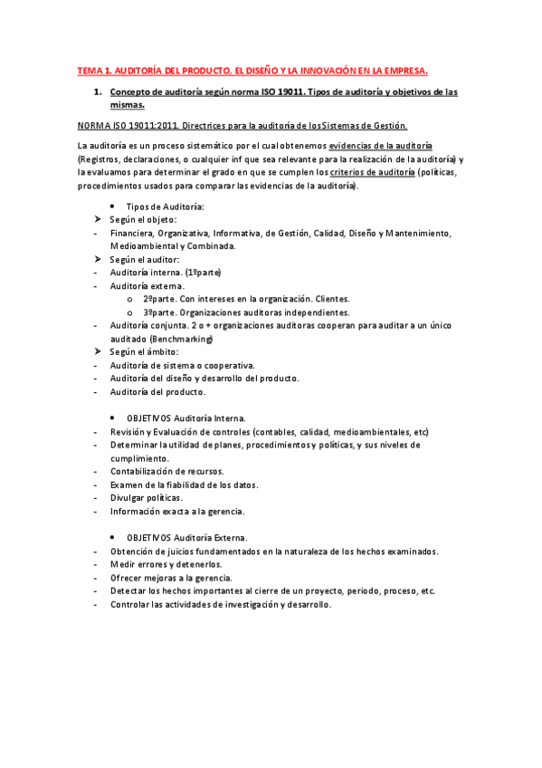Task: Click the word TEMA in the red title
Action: [90, 69]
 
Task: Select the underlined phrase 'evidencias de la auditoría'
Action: [380, 145]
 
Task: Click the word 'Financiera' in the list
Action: [131, 233]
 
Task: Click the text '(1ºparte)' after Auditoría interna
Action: [202, 273]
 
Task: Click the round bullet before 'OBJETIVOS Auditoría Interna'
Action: [111, 418]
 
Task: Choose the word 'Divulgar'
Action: [128, 497]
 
